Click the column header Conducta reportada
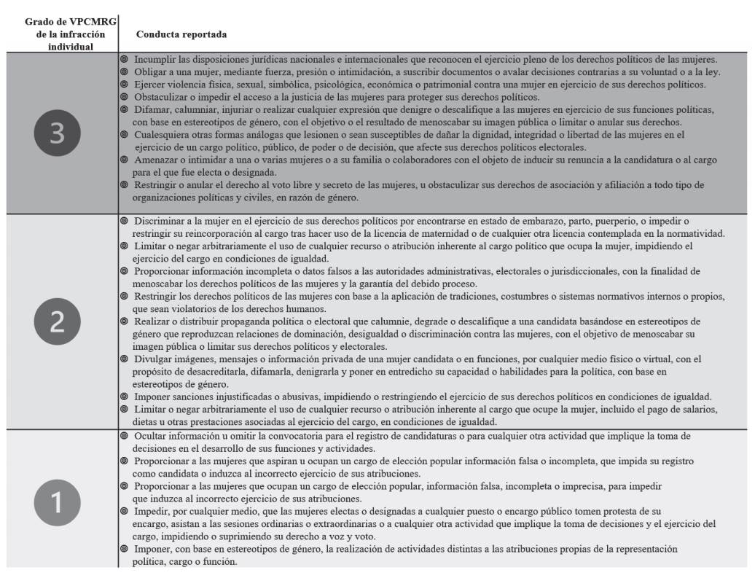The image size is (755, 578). pos(181,34)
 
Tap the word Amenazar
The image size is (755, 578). pos(156,159)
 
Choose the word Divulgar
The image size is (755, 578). pos(153,359)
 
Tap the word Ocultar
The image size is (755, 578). pos(152,436)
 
